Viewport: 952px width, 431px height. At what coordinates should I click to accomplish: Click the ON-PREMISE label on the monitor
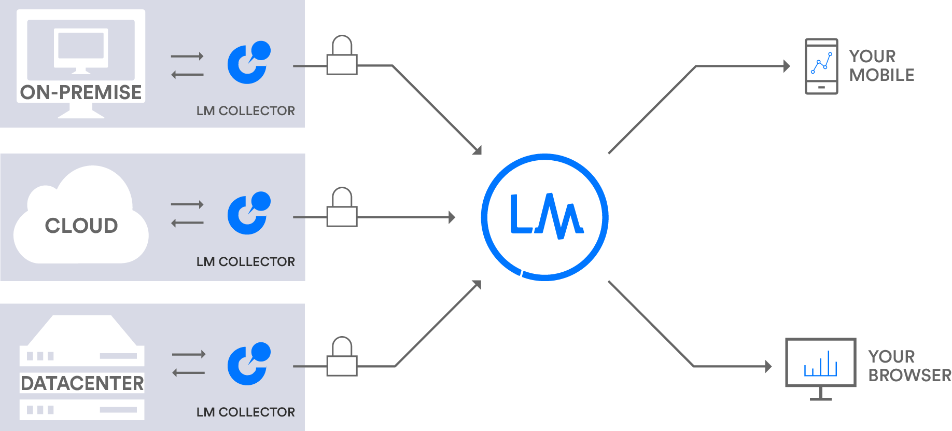(81, 92)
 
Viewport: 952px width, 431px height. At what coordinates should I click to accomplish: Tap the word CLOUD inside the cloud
(81, 226)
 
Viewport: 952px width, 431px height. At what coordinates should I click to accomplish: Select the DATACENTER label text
(82, 383)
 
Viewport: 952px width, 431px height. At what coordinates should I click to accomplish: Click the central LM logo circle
(544, 217)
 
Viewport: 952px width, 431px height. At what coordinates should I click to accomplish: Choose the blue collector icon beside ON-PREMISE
(249, 62)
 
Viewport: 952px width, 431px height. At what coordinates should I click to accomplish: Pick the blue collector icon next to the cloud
(249, 213)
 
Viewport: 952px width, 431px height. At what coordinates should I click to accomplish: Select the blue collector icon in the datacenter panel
(249, 364)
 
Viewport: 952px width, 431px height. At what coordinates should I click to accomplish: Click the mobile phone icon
(821, 66)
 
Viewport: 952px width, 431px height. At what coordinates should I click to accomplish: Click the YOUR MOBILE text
(881, 65)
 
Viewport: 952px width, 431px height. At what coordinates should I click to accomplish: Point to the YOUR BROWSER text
(909, 366)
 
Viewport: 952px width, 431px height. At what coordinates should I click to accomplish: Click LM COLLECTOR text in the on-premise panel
(245, 110)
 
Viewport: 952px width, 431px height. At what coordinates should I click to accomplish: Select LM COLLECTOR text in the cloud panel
(245, 261)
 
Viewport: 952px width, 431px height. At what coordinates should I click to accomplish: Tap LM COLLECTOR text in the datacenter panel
(245, 412)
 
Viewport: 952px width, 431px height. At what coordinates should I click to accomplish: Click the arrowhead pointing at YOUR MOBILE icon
(787, 66)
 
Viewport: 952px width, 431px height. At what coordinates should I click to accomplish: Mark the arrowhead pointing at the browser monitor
(768, 367)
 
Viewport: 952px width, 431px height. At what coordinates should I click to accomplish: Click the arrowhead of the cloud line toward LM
(452, 217)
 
